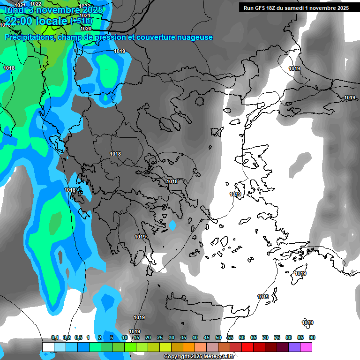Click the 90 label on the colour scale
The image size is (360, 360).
(x=312, y=337)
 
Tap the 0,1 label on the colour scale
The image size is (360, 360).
(x=55, y=337)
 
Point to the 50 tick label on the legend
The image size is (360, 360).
(x=218, y=337)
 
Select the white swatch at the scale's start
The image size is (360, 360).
(x=48, y=347)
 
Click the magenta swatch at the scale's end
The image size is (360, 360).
(x=306, y=347)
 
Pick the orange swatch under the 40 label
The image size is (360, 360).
(x=189, y=347)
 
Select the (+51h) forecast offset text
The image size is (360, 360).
(x=81, y=21)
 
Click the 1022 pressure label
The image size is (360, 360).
(x=36, y=4)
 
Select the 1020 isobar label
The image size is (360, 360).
(x=86, y=29)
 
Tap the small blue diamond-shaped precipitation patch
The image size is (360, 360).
(x=172, y=225)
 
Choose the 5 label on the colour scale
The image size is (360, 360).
(x=112, y=337)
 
